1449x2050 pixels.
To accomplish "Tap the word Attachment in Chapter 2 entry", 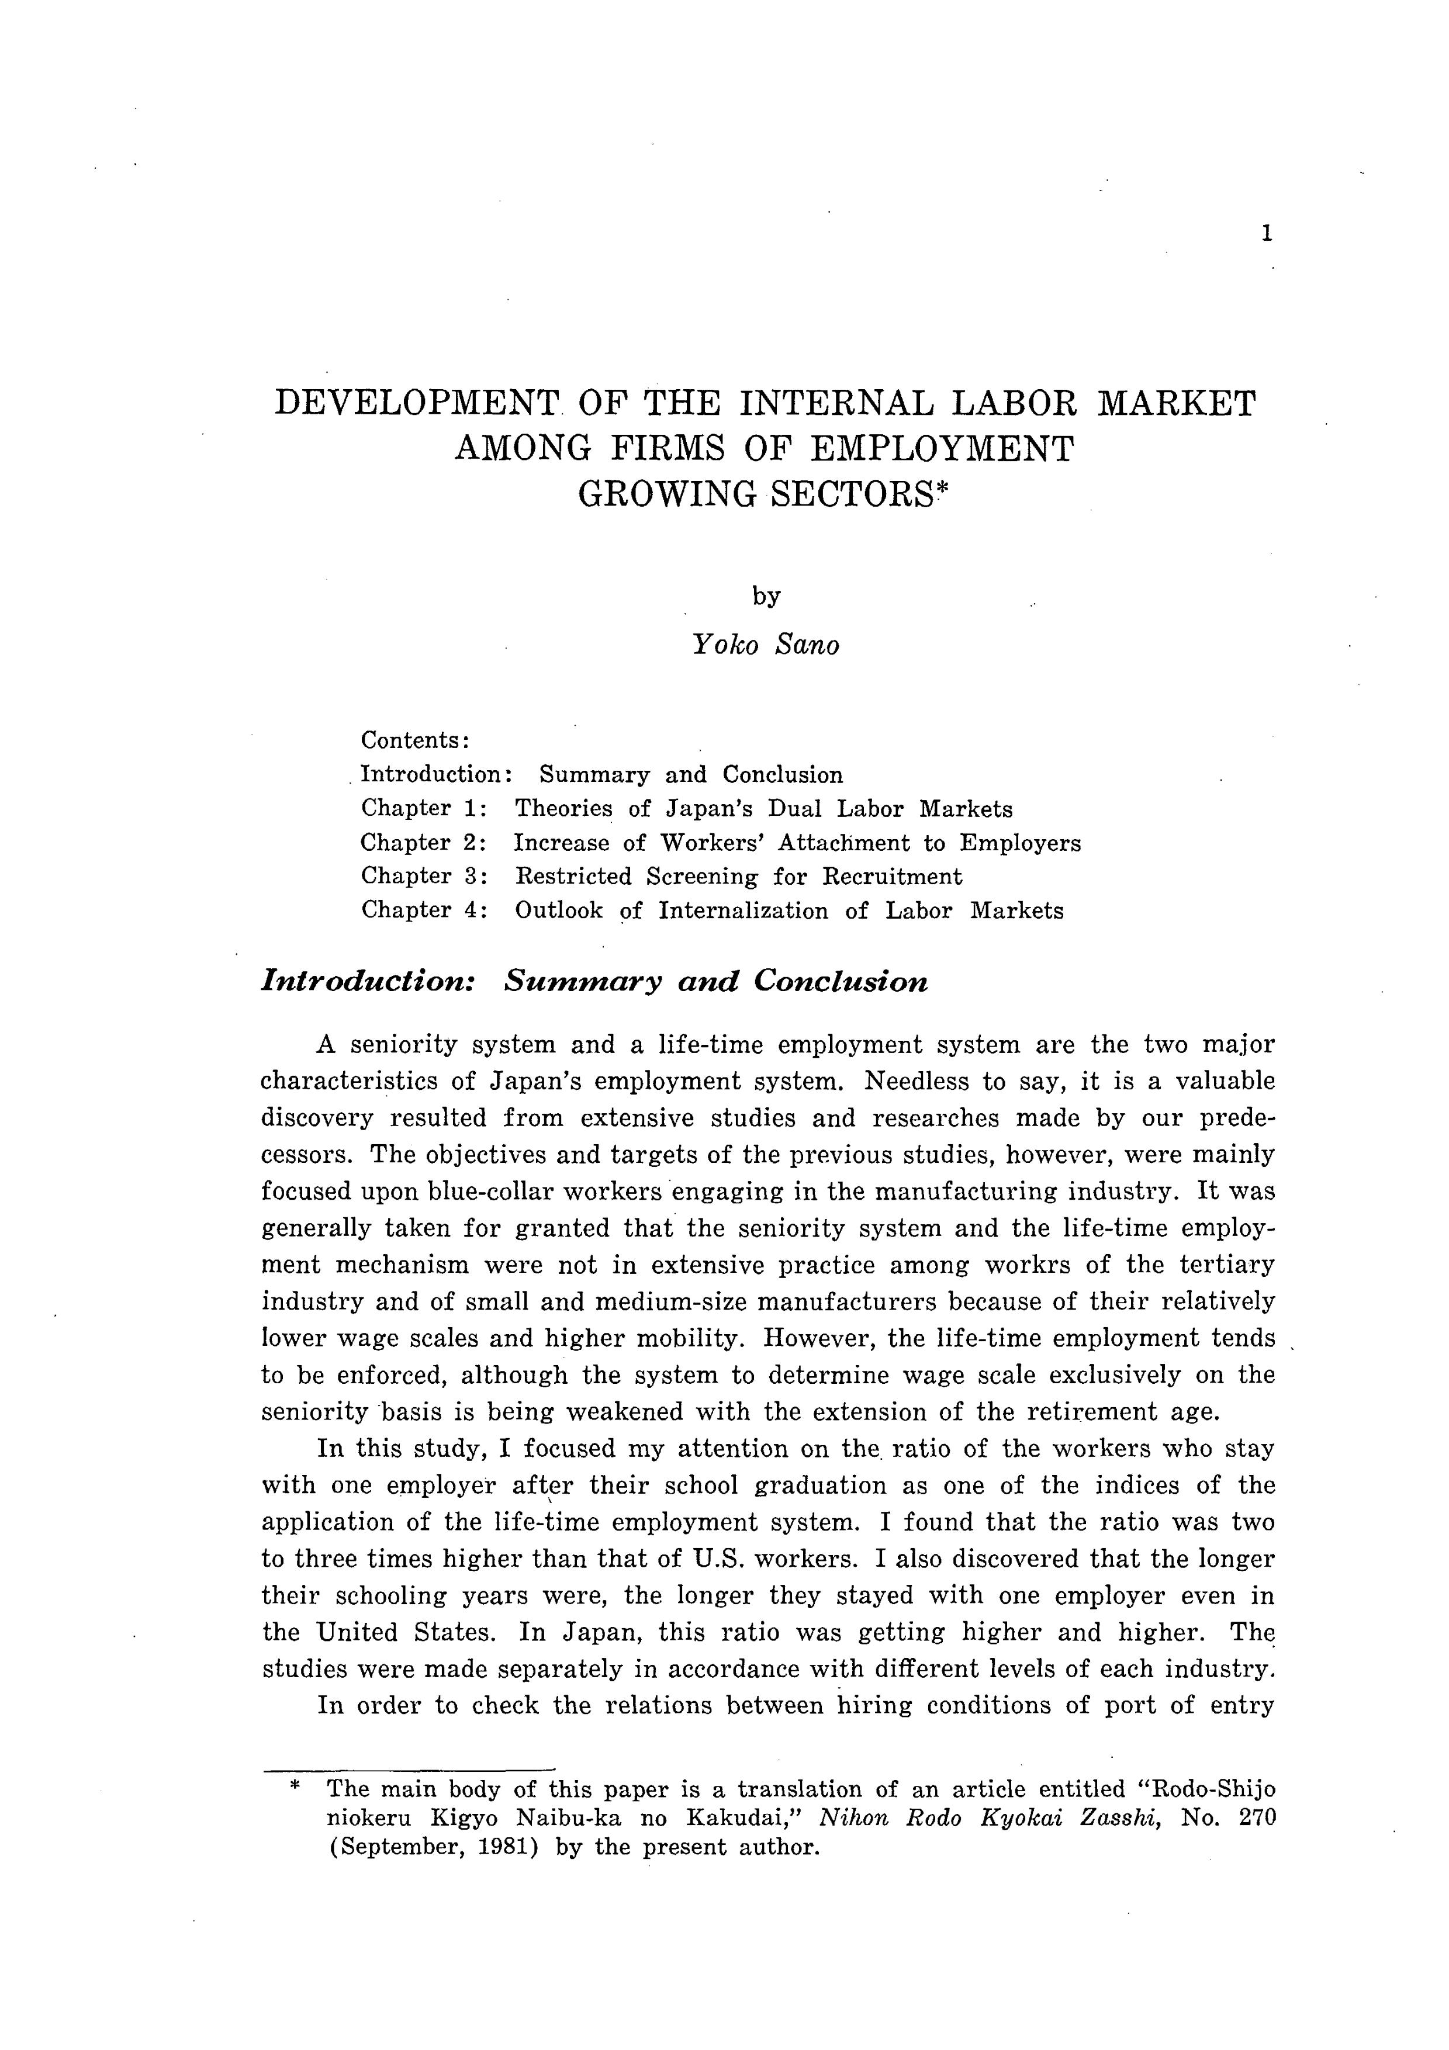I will tap(845, 843).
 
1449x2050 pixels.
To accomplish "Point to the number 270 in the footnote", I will tap(1258, 1818).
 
